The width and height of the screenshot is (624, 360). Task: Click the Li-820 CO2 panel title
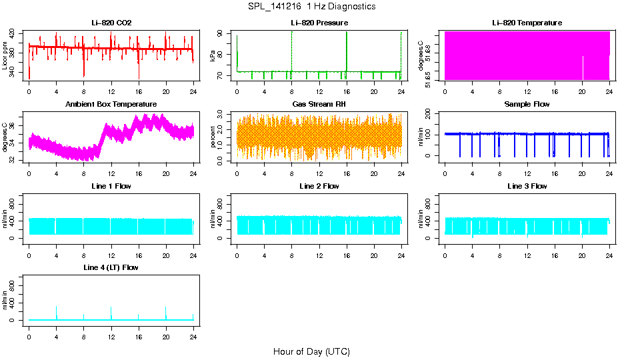click(111, 23)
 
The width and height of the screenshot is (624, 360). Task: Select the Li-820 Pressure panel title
click(319, 23)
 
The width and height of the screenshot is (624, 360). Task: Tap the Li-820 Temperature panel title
click(527, 23)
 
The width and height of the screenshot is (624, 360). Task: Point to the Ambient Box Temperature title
click(111, 105)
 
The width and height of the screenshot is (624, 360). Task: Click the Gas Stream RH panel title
click(319, 105)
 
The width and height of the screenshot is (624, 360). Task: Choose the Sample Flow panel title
click(527, 105)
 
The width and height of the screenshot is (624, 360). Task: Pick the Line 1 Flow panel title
click(111, 186)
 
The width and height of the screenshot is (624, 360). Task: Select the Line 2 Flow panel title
click(319, 186)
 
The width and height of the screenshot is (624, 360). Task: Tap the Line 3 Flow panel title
click(527, 186)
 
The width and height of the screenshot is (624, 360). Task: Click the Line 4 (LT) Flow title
click(111, 267)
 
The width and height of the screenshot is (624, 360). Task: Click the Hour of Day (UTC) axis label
click(311, 351)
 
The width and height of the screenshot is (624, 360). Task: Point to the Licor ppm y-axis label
click(5, 55)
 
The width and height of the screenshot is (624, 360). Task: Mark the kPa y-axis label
click(213, 56)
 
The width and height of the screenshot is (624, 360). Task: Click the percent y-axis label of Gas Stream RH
click(213, 137)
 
